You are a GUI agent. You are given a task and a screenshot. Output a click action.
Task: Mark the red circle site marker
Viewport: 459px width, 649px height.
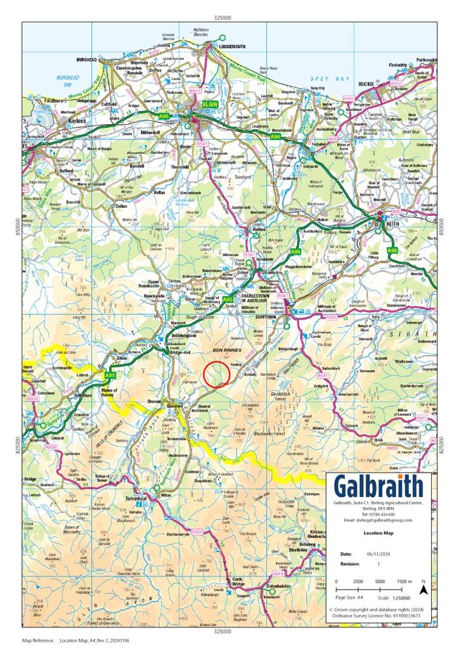(x=217, y=374)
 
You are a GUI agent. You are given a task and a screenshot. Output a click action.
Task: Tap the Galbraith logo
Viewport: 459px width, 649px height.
(x=378, y=486)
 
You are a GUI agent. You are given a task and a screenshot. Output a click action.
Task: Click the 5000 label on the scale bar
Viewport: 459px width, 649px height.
(x=379, y=581)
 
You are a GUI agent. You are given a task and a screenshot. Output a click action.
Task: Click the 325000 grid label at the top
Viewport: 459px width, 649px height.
(x=222, y=18)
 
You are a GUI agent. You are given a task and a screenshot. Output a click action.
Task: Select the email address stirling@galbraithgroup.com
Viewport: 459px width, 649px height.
(x=378, y=520)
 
